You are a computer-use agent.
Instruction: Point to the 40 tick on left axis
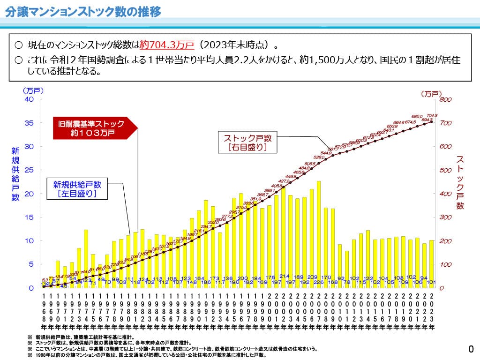pyautogui.click(x=30, y=99)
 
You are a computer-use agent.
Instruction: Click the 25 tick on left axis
pyautogui.click(x=30, y=170)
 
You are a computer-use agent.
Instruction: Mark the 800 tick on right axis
pyautogui.click(x=445, y=99)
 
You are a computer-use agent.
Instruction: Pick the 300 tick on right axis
pyautogui.click(x=445, y=217)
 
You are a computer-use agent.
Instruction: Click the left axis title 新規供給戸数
pyautogui.click(x=15, y=174)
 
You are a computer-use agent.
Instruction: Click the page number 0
pyautogui.click(x=471, y=349)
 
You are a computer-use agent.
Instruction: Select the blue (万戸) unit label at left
pyautogui.click(x=32, y=90)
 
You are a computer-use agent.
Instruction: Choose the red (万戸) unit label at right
pyautogui.click(x=431, y=93)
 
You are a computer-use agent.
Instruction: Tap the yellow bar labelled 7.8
pyautogui.click(x=347, y=269)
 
